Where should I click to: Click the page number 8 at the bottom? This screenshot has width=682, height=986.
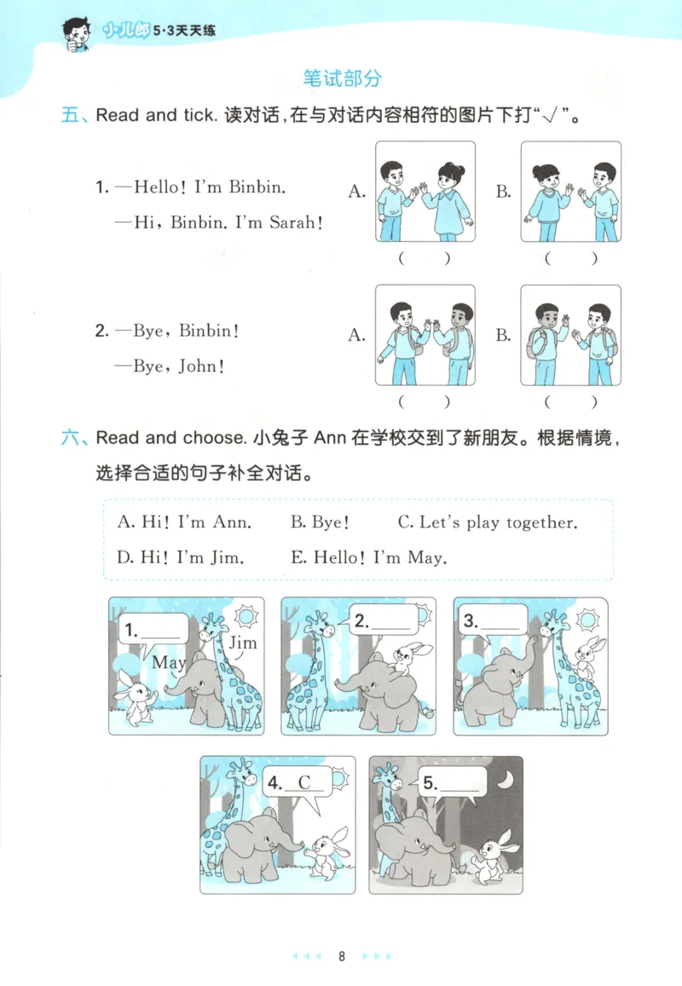click(x=341, y=955)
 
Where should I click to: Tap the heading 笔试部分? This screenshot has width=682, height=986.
click(x=342, y=79)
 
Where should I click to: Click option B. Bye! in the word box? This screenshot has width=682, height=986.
click(x=320, y=522)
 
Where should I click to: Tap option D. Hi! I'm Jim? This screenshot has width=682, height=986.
click(x=180, y=558)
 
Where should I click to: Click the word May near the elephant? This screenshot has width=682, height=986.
click(x=168, y=661)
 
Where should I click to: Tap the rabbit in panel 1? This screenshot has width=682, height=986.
click(x=136, y=699)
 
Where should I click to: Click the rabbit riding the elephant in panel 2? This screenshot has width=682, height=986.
click(x=403, y=656)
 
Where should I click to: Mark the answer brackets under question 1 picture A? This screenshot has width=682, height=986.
click(x=424, y=258)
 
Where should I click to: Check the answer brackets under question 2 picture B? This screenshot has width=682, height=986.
click(x=570, y=401)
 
